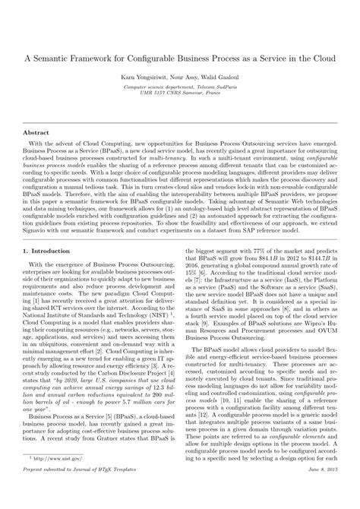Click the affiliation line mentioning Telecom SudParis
tap(180, 87)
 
